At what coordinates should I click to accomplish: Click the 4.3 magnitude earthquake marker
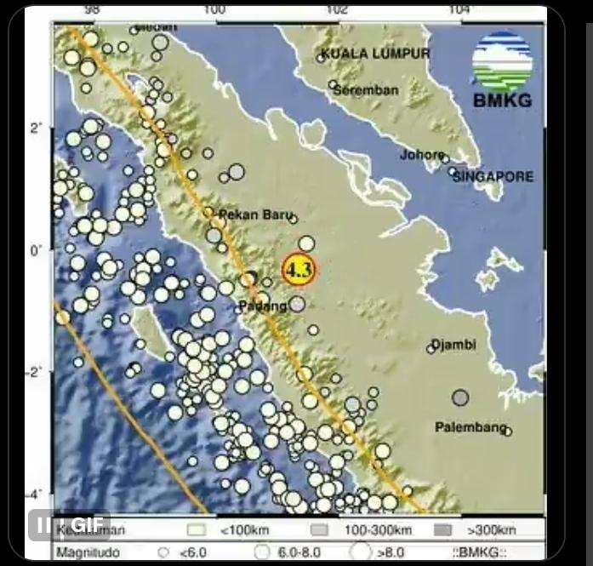coord(299,270)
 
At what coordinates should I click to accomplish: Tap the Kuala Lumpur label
coord(375,54)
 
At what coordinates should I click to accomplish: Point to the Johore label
coord(422,155)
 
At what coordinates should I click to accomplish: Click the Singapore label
coord(493,177)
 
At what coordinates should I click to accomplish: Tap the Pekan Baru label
coord(250,214)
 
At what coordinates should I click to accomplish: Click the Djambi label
coord(453,345)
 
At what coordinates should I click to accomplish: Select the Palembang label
coord(470,426)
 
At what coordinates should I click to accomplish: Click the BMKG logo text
coord(502,101)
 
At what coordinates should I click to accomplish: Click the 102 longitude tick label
coord(337,9)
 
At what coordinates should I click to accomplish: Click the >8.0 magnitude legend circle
coord(361,552)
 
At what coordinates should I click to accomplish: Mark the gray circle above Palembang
coord(460,397)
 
